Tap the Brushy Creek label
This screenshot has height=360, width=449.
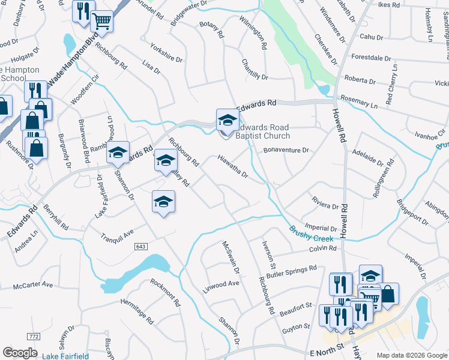tap(311, 233)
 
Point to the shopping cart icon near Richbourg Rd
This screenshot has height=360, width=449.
tap(101, 21)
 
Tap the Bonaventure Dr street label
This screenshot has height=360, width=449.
tap(286, 150)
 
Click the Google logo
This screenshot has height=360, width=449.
tap(20, 353)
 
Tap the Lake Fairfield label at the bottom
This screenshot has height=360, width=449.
tap(65, 356)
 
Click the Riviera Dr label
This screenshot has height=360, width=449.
tap(325, 203)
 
